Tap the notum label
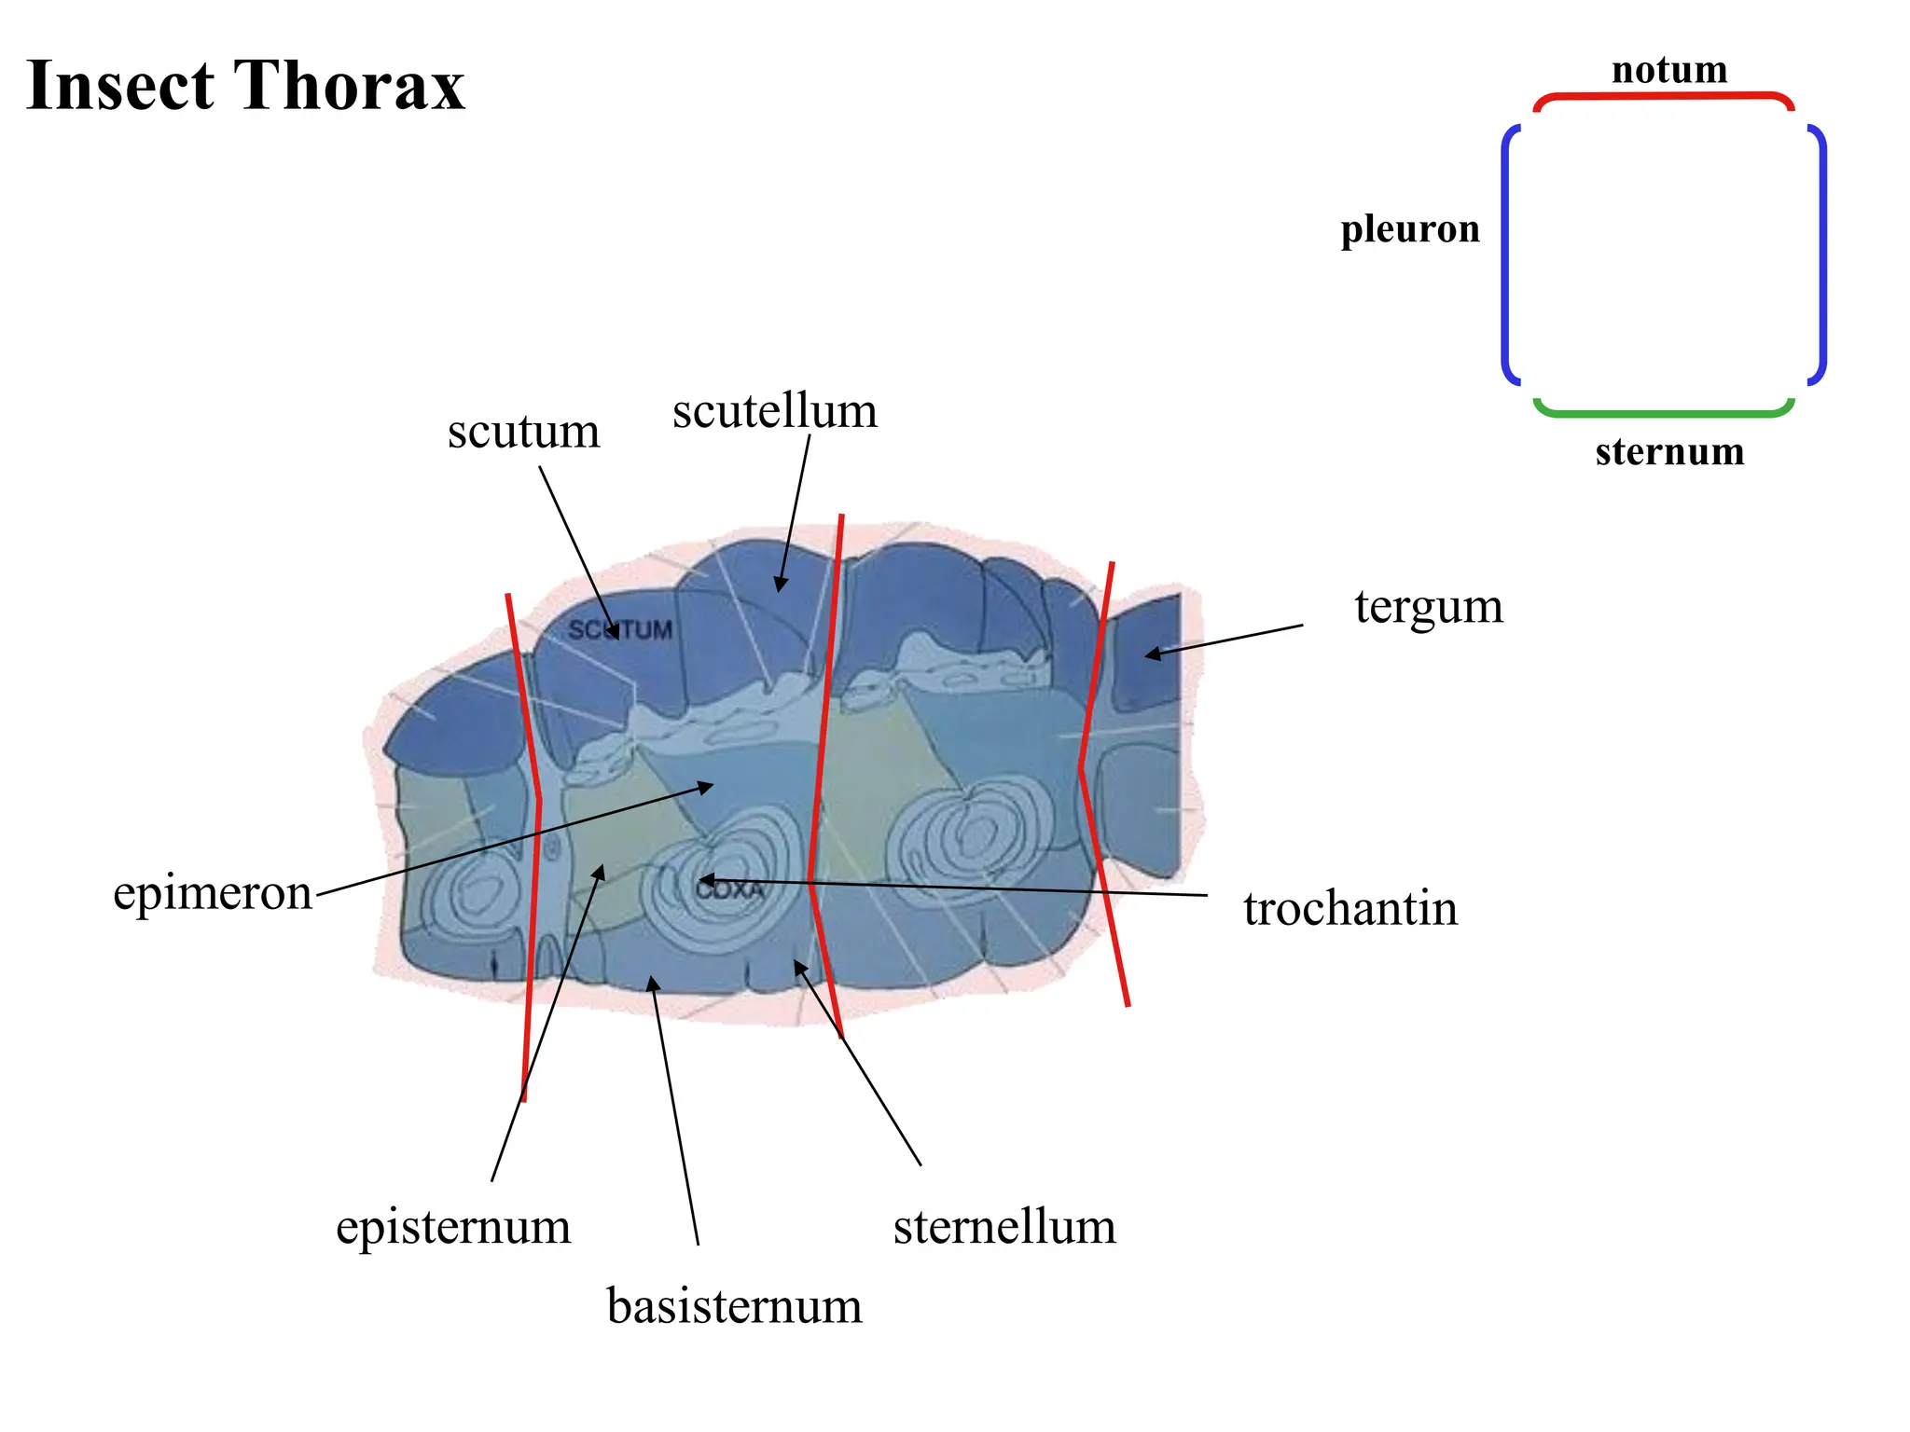pyautogui.click(x=1669, y=70)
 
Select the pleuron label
pyautogui.click(x=1410, y=229)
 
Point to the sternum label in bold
pyautogui.click(x=1669, y=452)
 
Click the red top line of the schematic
pyautogui.click(x=1664, y=96)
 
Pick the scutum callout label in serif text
pyautogui.click(x=523, y=432)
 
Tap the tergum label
pyautogui.click(x=1429, y=609)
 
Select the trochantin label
pyautogui.click(x=1350, y=908)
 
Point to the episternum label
pyautogui.click(x=453, y=1228)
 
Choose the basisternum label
pyautogui.click(x=735, y=1306)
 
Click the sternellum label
pyautogui.click(x=1004, y=1227)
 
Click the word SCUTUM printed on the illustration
pyautogui.click(x=620, y=630)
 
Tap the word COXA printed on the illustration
pyautogui.click(x=729, y=889)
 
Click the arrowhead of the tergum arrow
pyautogui.click(x=1153, y=654)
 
